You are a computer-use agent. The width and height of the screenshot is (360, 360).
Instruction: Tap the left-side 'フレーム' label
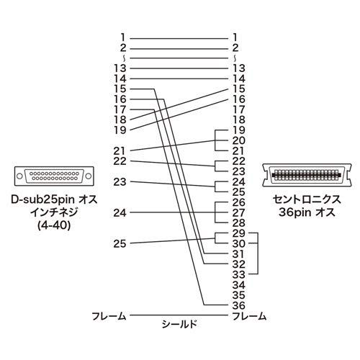coord(109,315)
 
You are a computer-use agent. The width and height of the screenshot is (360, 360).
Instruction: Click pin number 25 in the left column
coord(120,244)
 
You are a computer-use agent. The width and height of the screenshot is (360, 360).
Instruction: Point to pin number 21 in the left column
coord(120,150)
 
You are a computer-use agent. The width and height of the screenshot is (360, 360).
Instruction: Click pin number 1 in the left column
coord(124,36)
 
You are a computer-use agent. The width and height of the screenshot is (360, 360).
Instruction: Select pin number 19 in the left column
coord(120,130)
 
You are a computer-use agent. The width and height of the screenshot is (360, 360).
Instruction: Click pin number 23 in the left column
coord(120,181)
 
